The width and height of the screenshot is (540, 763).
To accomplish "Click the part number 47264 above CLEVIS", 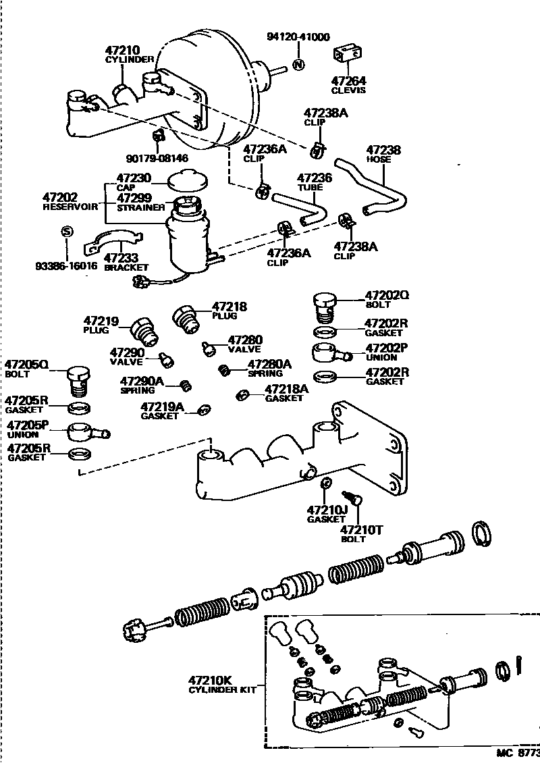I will (x=348, y=80).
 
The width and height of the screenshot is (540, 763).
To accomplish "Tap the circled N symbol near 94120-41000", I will (x=299, y=65).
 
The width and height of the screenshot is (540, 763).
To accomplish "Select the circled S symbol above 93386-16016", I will (x=66, y=231).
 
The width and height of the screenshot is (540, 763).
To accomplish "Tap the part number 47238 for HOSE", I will (x=383, y=150).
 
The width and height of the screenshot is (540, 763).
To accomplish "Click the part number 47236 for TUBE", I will (x=315, y=177).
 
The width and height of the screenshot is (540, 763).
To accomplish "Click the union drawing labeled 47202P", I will (x=331, y=352).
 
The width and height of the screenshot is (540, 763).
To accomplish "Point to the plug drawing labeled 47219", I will (x=142, y=330).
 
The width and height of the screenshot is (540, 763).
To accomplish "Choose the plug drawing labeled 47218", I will (x=186, y=317).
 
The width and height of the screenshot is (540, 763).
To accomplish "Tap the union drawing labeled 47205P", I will (x=88, y=431).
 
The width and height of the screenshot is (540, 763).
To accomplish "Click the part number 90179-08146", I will (x=157, y=158).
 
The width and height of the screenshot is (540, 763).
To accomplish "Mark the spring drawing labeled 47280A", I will (x=225, y=369).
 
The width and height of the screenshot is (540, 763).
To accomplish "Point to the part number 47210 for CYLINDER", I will (x=122, y=50).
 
